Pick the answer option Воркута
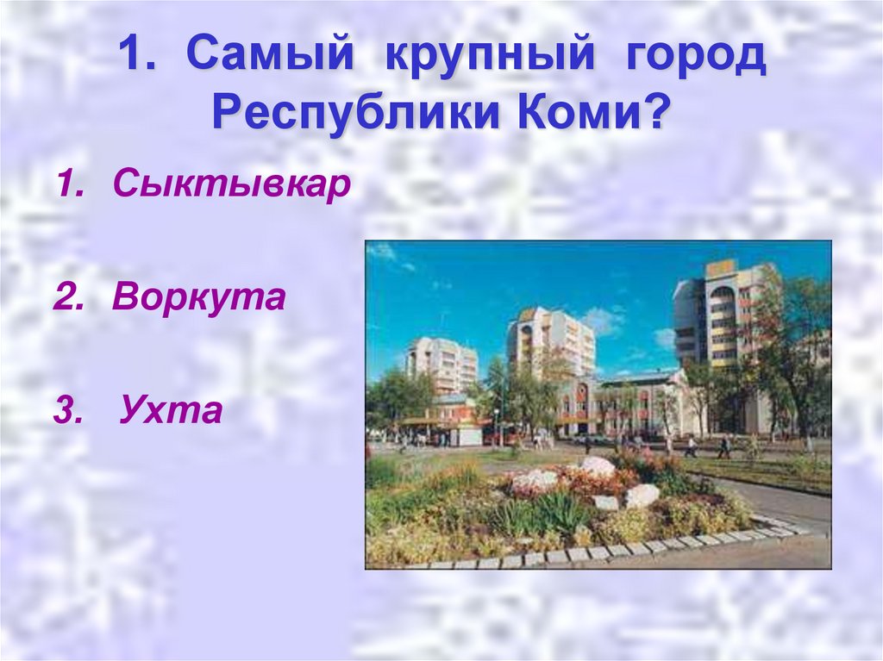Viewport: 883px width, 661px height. pos(198,297)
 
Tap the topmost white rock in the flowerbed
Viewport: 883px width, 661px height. pos(598,466)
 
